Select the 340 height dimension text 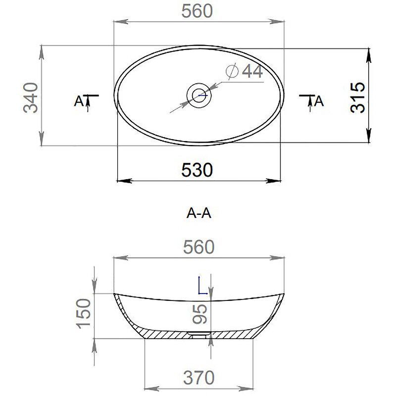coord(31,97)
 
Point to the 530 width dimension coord(197,170)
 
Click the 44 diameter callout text coord(251,72)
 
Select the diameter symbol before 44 coord(232,72)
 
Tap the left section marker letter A coord(78,101)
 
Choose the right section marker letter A coord(320,101)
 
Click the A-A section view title coord(199,213)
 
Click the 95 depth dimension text coord(200,313)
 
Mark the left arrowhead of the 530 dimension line coord(122,180)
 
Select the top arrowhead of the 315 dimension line coord(369,55)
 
